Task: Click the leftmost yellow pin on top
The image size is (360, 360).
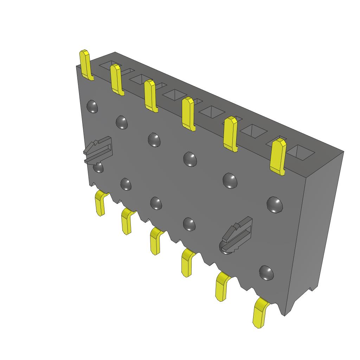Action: coord(85,65)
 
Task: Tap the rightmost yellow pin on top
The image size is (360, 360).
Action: coord(278,156)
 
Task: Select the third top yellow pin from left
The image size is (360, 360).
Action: coord(151,96)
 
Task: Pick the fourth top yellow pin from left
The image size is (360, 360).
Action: coord(188,114)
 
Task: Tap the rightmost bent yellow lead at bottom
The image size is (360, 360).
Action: coord(261,313)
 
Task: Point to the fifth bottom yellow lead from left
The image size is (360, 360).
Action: coord(222,287)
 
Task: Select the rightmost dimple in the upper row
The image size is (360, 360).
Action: coord(274,204)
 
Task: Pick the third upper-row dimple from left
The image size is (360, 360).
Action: coord(154,140)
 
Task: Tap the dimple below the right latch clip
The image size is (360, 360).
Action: coord(266,272)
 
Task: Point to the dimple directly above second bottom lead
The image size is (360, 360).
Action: coord(126,184)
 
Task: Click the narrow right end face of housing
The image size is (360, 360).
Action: coord(316,229)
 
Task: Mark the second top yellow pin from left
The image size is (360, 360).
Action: coord(116,79)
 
